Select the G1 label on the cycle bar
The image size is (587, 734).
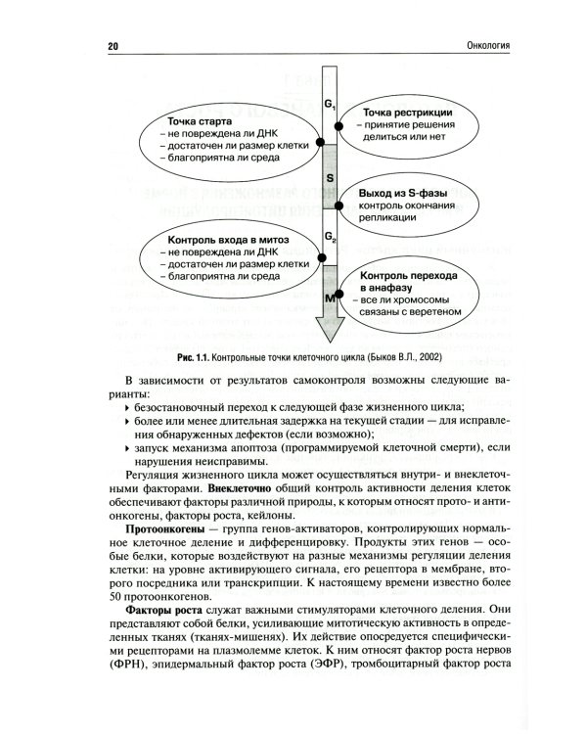pos(330,103)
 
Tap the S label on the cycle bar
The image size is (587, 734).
pos(330,179)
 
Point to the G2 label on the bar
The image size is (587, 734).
pos(330,238)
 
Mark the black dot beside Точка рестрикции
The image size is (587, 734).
pos(339,126)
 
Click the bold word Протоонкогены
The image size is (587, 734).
pos(160,529)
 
